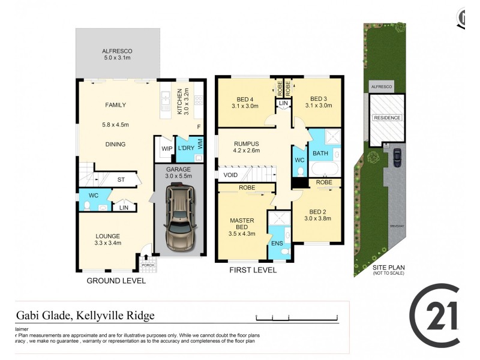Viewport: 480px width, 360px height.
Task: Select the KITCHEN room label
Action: [179, 101]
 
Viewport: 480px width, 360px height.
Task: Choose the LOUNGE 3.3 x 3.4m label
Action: [108, 239]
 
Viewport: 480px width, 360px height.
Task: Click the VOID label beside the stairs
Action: [231, 175]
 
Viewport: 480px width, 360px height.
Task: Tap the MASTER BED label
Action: [242, 224]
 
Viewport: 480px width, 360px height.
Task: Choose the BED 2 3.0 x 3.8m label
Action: [317, 214]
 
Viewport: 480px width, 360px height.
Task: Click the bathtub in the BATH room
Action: [324, 169]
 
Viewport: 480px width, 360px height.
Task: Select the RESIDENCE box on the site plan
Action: [387, 118]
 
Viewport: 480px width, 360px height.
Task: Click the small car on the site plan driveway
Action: [397, 158]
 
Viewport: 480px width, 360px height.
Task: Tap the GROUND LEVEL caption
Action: [116, 281]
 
